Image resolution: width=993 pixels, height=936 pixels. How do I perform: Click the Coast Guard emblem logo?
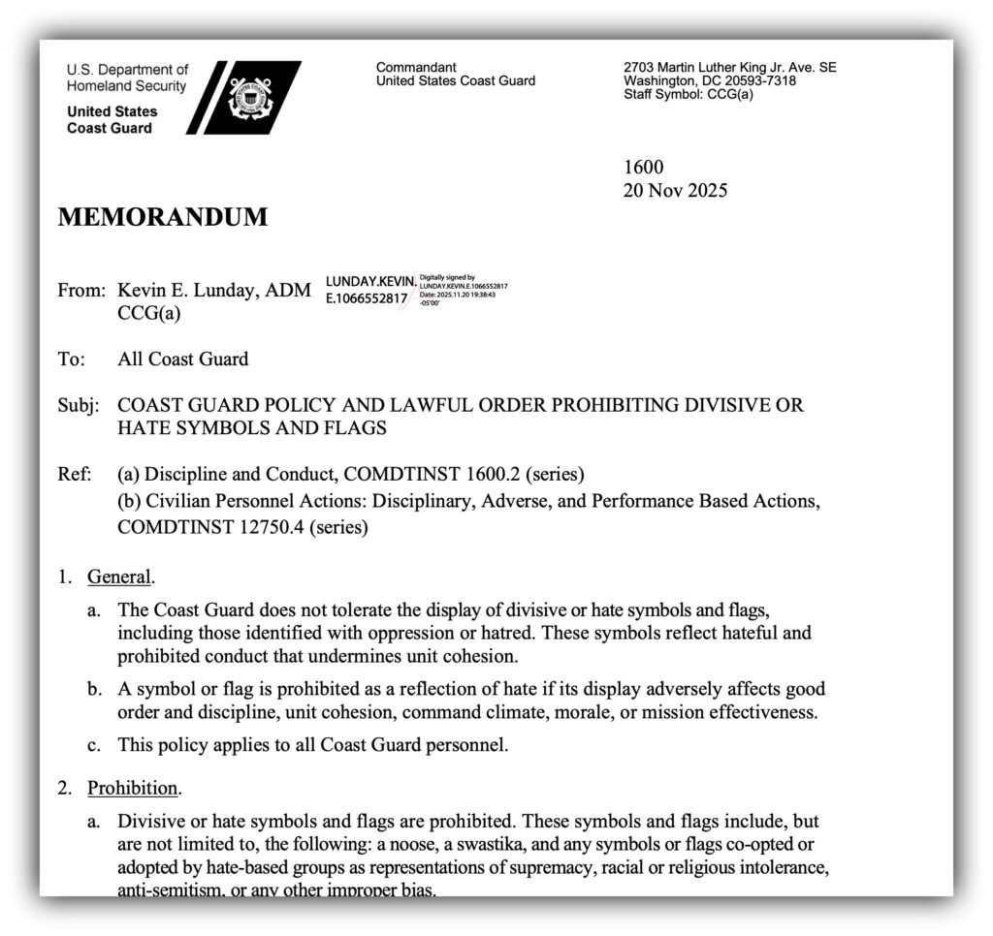[x=250, y=98]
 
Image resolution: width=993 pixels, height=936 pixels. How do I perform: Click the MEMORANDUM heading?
[x=162, y=217]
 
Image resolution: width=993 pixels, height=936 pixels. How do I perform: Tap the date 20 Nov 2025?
[x=674, y=190]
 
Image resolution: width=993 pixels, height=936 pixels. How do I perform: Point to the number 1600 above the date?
[x=643, y=168]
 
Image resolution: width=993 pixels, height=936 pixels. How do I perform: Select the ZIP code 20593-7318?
[x=753, y=81]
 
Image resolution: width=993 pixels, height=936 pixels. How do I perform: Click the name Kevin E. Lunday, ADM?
[x=214, y=290]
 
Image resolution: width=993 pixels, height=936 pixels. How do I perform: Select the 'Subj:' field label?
[x=78, y=405]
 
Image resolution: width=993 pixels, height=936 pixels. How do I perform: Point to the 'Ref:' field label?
[x=74, y=474]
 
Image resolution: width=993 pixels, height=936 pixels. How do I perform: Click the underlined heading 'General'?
[x=119, y=577]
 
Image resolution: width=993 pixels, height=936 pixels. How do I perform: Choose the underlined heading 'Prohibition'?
[x=133, y=788]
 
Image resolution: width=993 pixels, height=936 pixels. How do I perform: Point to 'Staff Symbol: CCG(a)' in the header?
[x=688, y=95]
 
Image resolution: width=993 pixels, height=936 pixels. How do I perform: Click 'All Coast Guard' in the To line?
[x=182, y=359]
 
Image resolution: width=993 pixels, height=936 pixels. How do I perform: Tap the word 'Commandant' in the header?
[x=416, y=67]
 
